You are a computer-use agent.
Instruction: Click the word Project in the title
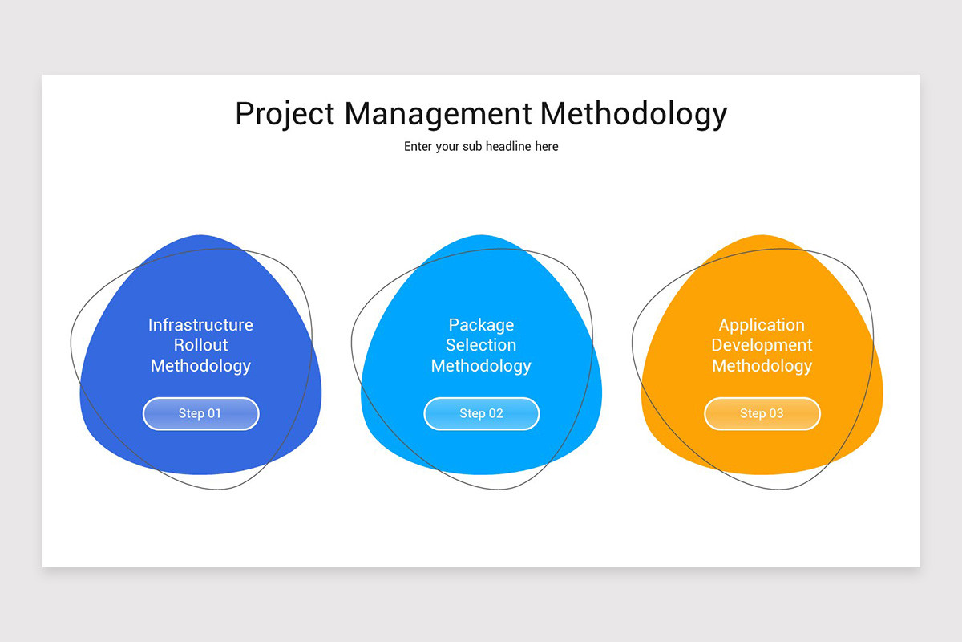pos(285,114)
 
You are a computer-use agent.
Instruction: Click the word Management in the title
pos(438,113)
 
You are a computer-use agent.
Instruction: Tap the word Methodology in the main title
pos(633,114)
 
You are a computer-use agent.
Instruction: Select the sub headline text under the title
pos(481,147)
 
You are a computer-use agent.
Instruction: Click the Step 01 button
pos(200,414)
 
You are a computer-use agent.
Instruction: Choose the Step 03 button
pos(762,414)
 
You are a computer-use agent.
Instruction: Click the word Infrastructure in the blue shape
pos(200,325)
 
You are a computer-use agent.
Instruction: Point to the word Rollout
pos(200,345)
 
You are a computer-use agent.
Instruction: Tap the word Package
pos(481,325)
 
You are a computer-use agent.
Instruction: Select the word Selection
pos(481,345)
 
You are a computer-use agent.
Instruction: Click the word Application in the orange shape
pos(762,325)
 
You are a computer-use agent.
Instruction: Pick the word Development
pos(762,345)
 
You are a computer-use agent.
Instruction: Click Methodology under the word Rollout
pos(200,366)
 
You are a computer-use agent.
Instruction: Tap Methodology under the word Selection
pos(481,366)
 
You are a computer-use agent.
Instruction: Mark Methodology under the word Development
pos(762,366)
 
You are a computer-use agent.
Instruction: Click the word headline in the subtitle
pos(508,147)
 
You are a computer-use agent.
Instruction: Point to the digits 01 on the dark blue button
pos(214,414)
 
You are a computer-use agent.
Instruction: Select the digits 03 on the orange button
pos(775,414)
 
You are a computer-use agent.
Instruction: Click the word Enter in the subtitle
pos(418,147)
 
